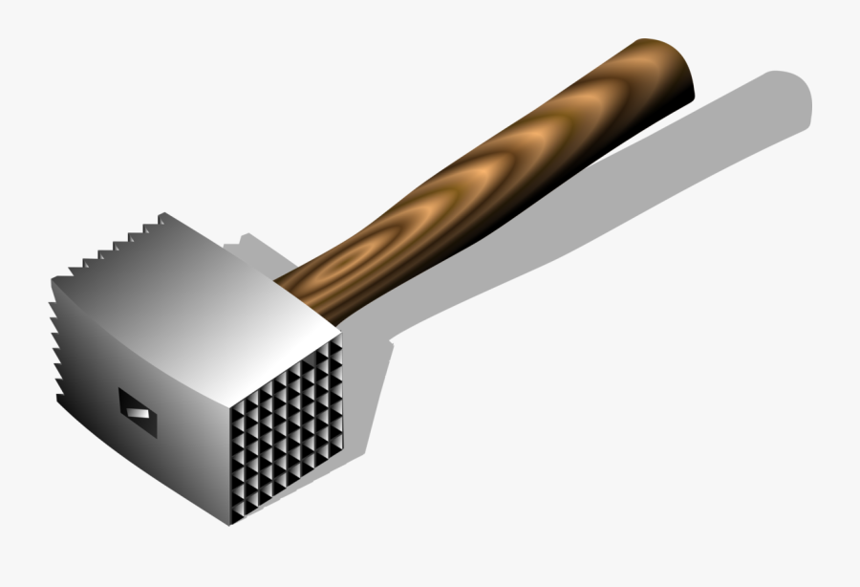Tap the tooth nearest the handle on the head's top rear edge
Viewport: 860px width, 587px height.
click(x=162, y=218)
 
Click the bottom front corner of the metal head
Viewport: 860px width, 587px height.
click(x=229, y=524)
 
